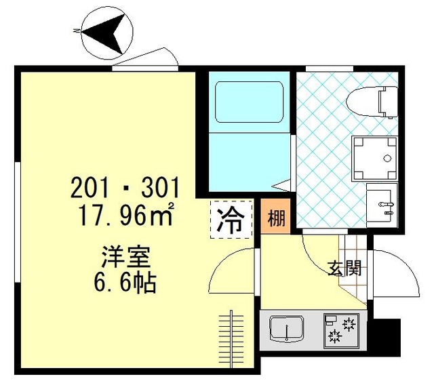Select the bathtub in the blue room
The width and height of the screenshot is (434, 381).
248,102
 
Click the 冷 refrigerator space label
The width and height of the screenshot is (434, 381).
231,219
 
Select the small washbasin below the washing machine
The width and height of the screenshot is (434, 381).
380,201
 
